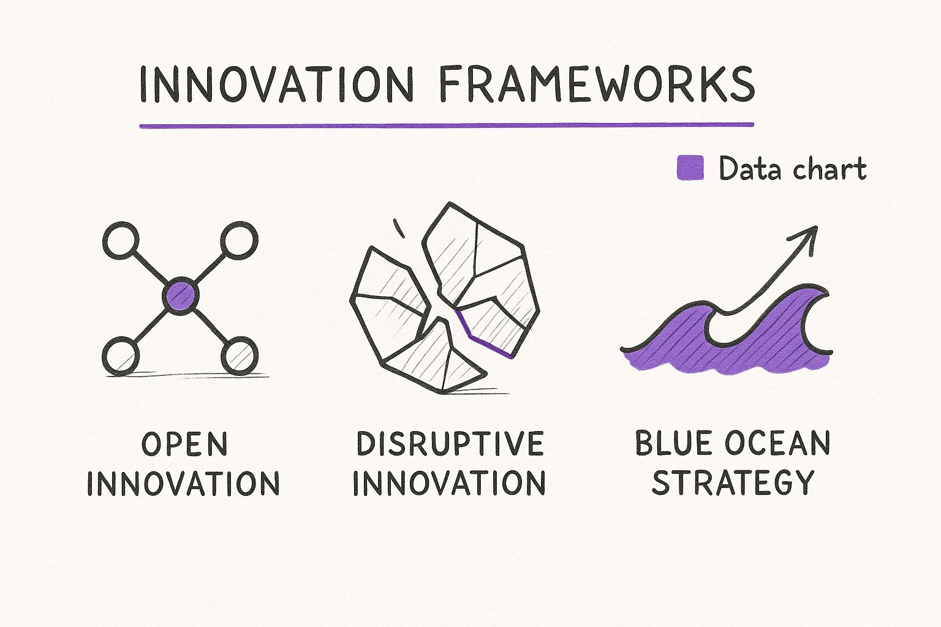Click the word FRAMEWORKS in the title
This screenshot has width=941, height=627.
point(597,84)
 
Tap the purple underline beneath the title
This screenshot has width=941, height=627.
point(446,126)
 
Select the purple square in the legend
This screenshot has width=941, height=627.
point(690,168)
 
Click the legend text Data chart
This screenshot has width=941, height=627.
point(792,169)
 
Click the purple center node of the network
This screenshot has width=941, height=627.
point(181,296)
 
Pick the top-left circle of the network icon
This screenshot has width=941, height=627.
point(121,241)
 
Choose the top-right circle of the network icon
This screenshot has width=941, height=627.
point(239,241)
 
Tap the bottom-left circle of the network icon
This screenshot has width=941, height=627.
point(121,356)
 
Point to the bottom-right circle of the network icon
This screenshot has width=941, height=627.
point(239,356)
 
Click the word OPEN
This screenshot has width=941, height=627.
point(184,444)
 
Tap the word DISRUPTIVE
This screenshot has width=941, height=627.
point(450,444)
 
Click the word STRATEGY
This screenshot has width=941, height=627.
point(733,483)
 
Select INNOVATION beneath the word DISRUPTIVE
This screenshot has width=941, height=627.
point(449,483)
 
